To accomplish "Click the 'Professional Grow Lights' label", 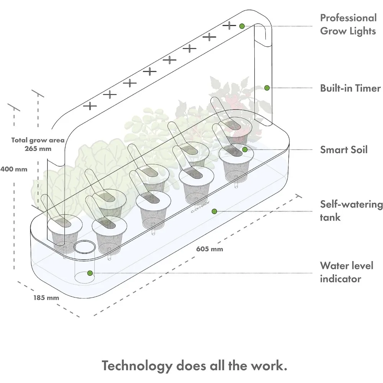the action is pos(348,25).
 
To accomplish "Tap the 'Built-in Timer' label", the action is pos(350,88).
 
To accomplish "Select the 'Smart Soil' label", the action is pos(344,150).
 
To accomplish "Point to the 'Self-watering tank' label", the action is pos(351,211).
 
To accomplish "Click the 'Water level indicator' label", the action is pos(347,272).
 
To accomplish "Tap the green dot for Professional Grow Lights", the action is pos(242,26).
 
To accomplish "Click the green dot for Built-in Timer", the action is pos(267,88).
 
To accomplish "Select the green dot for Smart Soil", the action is pos(245,149).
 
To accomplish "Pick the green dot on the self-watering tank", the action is pos(214,211).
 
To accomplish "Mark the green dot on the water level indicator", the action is pos(90,273).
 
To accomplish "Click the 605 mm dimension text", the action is pos(210,249).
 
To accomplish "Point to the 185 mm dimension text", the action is pos(46,298).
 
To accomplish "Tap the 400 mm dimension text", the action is pos(14,169).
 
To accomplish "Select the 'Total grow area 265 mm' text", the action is pos(38,144).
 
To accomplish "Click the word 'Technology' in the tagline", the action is pos(137,366).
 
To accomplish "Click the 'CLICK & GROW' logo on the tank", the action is pos(200,207).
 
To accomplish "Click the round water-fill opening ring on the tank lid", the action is pos(85,247).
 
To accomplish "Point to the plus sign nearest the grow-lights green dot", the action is pos(229,25).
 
